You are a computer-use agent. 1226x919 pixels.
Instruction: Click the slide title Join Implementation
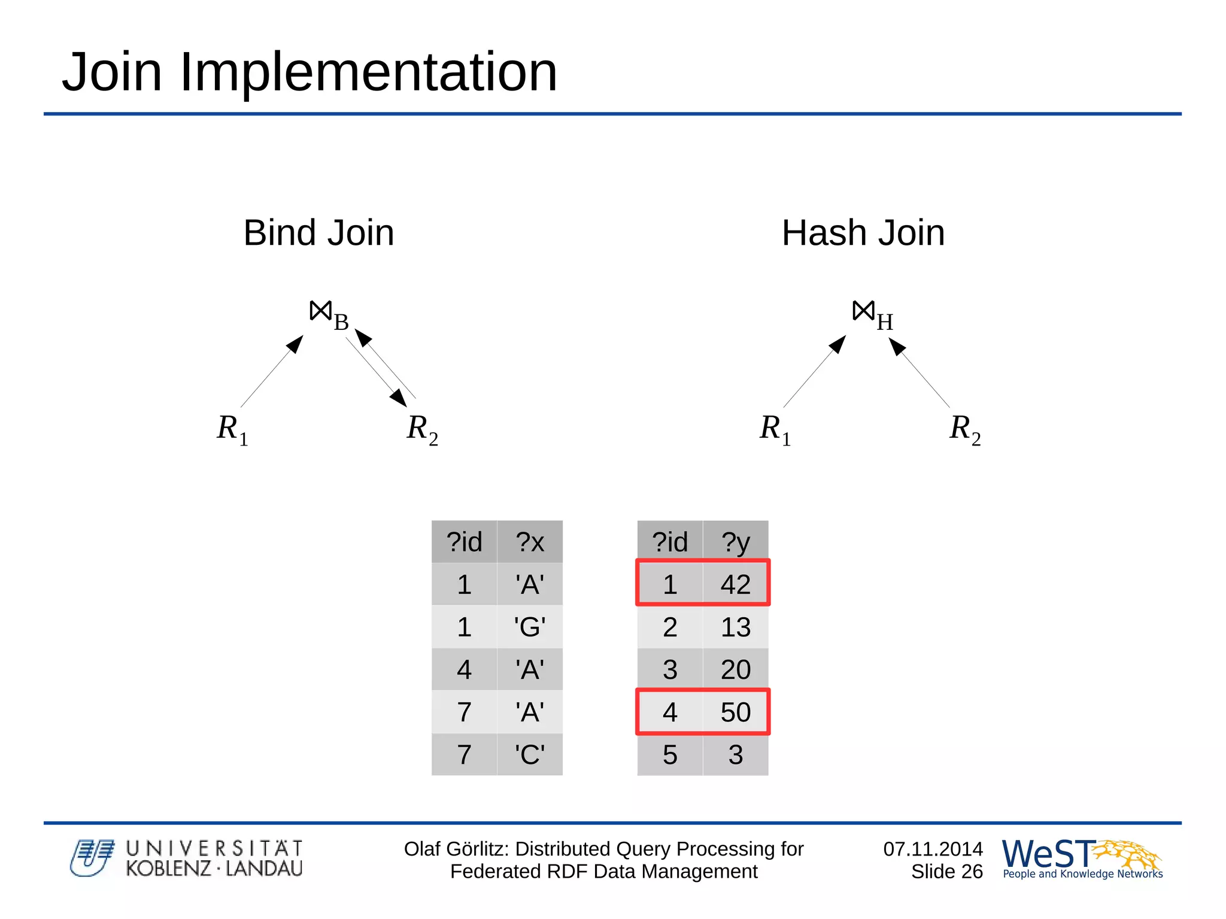click(309, 72)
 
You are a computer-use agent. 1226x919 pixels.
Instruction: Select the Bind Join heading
click(318, 233)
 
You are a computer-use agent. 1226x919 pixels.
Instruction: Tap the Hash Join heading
click(863, 233)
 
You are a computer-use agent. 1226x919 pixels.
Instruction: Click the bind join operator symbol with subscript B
click(328, 314)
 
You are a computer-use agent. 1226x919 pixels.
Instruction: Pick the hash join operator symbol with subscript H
click(872, 314)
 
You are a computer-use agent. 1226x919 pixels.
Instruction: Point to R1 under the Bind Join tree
click(232, 429)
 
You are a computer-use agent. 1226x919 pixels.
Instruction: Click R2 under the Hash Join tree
click(964, 429)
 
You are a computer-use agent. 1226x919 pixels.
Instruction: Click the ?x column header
click(530, 542)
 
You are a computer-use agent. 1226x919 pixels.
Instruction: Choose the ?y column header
click(735, 542)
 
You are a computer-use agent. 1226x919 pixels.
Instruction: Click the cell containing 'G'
click(530, 627)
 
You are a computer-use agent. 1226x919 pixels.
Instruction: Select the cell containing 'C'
click(530, 754)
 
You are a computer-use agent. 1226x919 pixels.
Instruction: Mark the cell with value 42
click(735, 584)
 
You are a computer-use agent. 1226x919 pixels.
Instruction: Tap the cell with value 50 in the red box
click(735, 712)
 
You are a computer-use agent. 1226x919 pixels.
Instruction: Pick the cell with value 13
click(735, 627)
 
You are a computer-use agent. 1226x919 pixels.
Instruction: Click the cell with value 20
click(735, 669)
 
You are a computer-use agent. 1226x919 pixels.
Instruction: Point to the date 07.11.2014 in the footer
click(933, 849)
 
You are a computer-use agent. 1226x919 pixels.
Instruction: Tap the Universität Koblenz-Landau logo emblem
click(92, 858)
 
